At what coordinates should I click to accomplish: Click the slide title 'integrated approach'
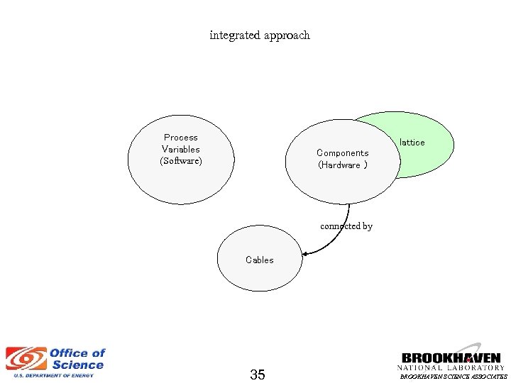pyautogui.click(x=260, y=35)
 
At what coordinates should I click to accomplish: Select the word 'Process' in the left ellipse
pyautogui.click(x=181, y=138)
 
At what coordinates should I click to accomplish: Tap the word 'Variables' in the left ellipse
pyautogui.click(x=181, y=150)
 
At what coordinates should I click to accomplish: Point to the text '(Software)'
pyautogui.click(x=181, y=162)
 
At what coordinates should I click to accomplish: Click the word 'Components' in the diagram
pyautogui.click(x=343, y=153)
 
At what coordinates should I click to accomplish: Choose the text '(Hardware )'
pyautogui.click(x=343, y=165)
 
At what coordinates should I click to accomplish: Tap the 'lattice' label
pyautogui.click(x=412, y=143)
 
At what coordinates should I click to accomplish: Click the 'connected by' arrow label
pyautogui.click(x=346, y=226)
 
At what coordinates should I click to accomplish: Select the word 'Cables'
pyautogui.click(x=259, y=260)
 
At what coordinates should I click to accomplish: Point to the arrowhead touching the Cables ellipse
pyautogui.click(x=306, y=252)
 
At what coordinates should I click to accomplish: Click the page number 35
pyautogui.click(x=258, y=374)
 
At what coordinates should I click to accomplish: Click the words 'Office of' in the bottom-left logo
pyautogui.click(x=77, y=353)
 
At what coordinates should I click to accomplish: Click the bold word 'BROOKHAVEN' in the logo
pyautogui.click(x=451, y=358)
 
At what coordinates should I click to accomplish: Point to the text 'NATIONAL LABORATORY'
pyautogui.click(x=451, y=368)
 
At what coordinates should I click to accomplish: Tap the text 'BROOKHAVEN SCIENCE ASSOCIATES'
pyautogui.click(x=454, y=377)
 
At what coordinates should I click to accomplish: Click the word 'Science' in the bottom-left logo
pyautogui.click(x=78, y=365)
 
